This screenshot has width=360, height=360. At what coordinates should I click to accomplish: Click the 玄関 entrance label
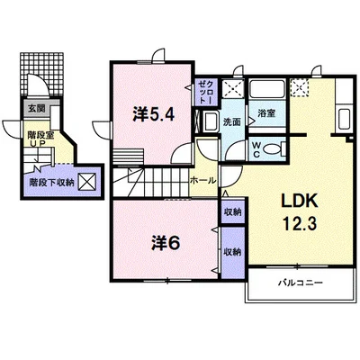(x=36, y=108)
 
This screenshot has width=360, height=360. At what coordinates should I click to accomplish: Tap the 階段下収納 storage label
(x=51, y=183)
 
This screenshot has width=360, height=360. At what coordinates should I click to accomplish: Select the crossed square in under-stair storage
(x=87, y=183)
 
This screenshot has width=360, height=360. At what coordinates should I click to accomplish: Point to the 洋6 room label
(x=166, y=243)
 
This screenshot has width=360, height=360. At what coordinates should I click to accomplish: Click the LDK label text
(x=299, y=201)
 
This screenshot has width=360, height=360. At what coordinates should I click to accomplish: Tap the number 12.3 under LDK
(x=299, y=223)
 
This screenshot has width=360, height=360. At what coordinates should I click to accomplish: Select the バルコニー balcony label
(x=300, y=283)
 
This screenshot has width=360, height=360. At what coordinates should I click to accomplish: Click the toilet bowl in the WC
(x=274, y=148)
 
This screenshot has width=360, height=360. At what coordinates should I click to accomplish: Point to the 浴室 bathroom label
(x=266, y=113)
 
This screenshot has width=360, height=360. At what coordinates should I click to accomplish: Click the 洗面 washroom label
(x=231, y=121)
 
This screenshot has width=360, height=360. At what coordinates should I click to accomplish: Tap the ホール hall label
(x=202, y=180)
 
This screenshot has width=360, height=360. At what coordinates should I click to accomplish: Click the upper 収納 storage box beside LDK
(x=233, y=211)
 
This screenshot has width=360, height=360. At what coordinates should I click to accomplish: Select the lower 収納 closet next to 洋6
(x=233, y=252)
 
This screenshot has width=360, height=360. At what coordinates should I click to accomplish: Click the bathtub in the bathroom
(x=267, y=88)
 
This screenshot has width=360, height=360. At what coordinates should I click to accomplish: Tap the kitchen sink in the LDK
(x=344, y=119)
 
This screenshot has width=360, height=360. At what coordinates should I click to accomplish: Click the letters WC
(x=256, y=149)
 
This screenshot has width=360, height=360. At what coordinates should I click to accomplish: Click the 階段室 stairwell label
(x=40, y=135)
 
